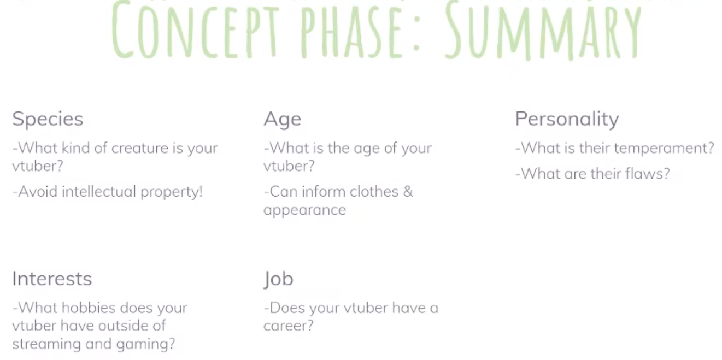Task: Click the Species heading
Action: [48, 119]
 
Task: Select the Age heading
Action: [282, 119]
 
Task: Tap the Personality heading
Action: [567, 119]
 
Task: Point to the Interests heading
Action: [52, 279]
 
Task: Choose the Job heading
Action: [278, 279]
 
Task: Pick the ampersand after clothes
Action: [408, 192]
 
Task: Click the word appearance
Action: [304, 210]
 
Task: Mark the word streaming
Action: [45, 344]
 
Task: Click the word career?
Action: [289, 326]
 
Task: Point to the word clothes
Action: [371, 192]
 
